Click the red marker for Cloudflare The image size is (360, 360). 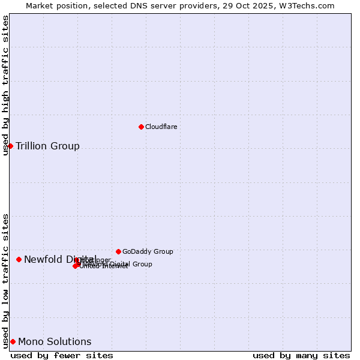pos(141,127)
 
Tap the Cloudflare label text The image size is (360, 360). pos(161,127)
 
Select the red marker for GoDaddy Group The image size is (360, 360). pos(118,251)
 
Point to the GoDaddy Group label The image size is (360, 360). pos(148,251)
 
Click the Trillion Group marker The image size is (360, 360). pos(10,146)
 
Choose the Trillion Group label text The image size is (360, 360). pos(47,146)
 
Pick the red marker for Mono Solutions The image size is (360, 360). pos(13,341)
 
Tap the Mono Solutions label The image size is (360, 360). pos(55,341)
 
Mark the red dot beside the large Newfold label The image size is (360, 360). pos(19,259)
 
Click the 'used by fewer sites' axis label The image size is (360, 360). pos(62,355)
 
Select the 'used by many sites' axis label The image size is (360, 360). pos(301,355)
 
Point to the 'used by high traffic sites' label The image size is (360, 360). pos(5,85)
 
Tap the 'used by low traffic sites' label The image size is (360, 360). pos(5,281)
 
